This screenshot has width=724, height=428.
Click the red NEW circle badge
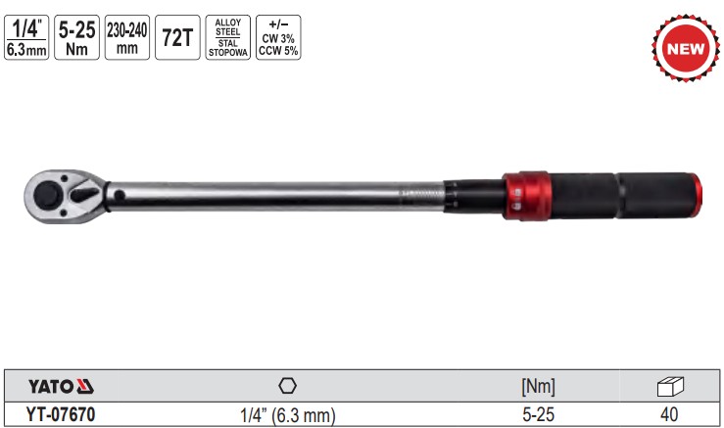[679, 47]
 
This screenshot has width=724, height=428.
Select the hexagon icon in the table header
[287, 385]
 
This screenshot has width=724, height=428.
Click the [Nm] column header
[538, 386]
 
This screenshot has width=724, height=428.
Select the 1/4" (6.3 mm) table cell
[287, 415]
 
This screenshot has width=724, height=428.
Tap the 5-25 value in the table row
[538, 415]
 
